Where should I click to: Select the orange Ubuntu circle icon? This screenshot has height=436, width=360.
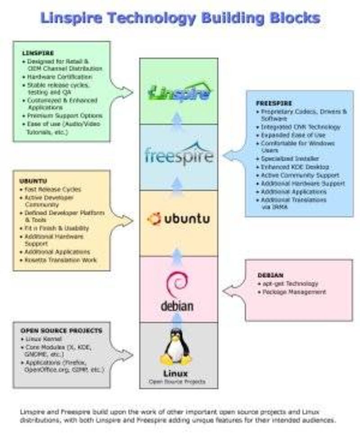154,219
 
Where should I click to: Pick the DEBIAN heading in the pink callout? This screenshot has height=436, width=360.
270,275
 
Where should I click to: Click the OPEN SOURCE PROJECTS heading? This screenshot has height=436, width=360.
61,331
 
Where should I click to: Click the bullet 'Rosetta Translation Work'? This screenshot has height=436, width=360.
60,260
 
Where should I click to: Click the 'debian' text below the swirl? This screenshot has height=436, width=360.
177,306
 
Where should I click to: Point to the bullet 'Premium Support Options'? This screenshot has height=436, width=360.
64,116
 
